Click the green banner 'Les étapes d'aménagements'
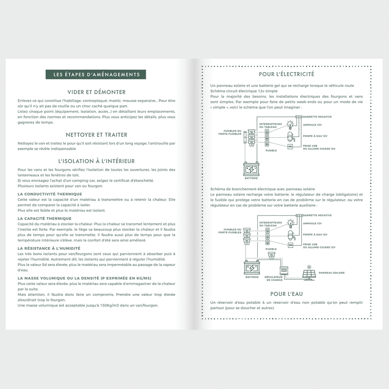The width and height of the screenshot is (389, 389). tap(96, 74)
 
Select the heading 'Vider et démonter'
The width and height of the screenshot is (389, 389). tap(96, 92)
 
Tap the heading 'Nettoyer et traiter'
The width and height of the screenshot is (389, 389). tap(96, 134)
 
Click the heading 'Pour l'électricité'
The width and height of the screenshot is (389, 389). tap(286, 74)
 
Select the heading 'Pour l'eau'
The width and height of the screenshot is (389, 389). tap(286, 294)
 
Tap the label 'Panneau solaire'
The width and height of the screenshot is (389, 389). tap(332, 273)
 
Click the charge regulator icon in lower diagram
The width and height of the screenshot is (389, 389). tap(284, 270)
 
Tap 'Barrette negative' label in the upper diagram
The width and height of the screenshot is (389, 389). tap(318, 117)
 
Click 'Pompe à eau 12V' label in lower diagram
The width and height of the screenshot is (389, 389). tap(315, 234)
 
